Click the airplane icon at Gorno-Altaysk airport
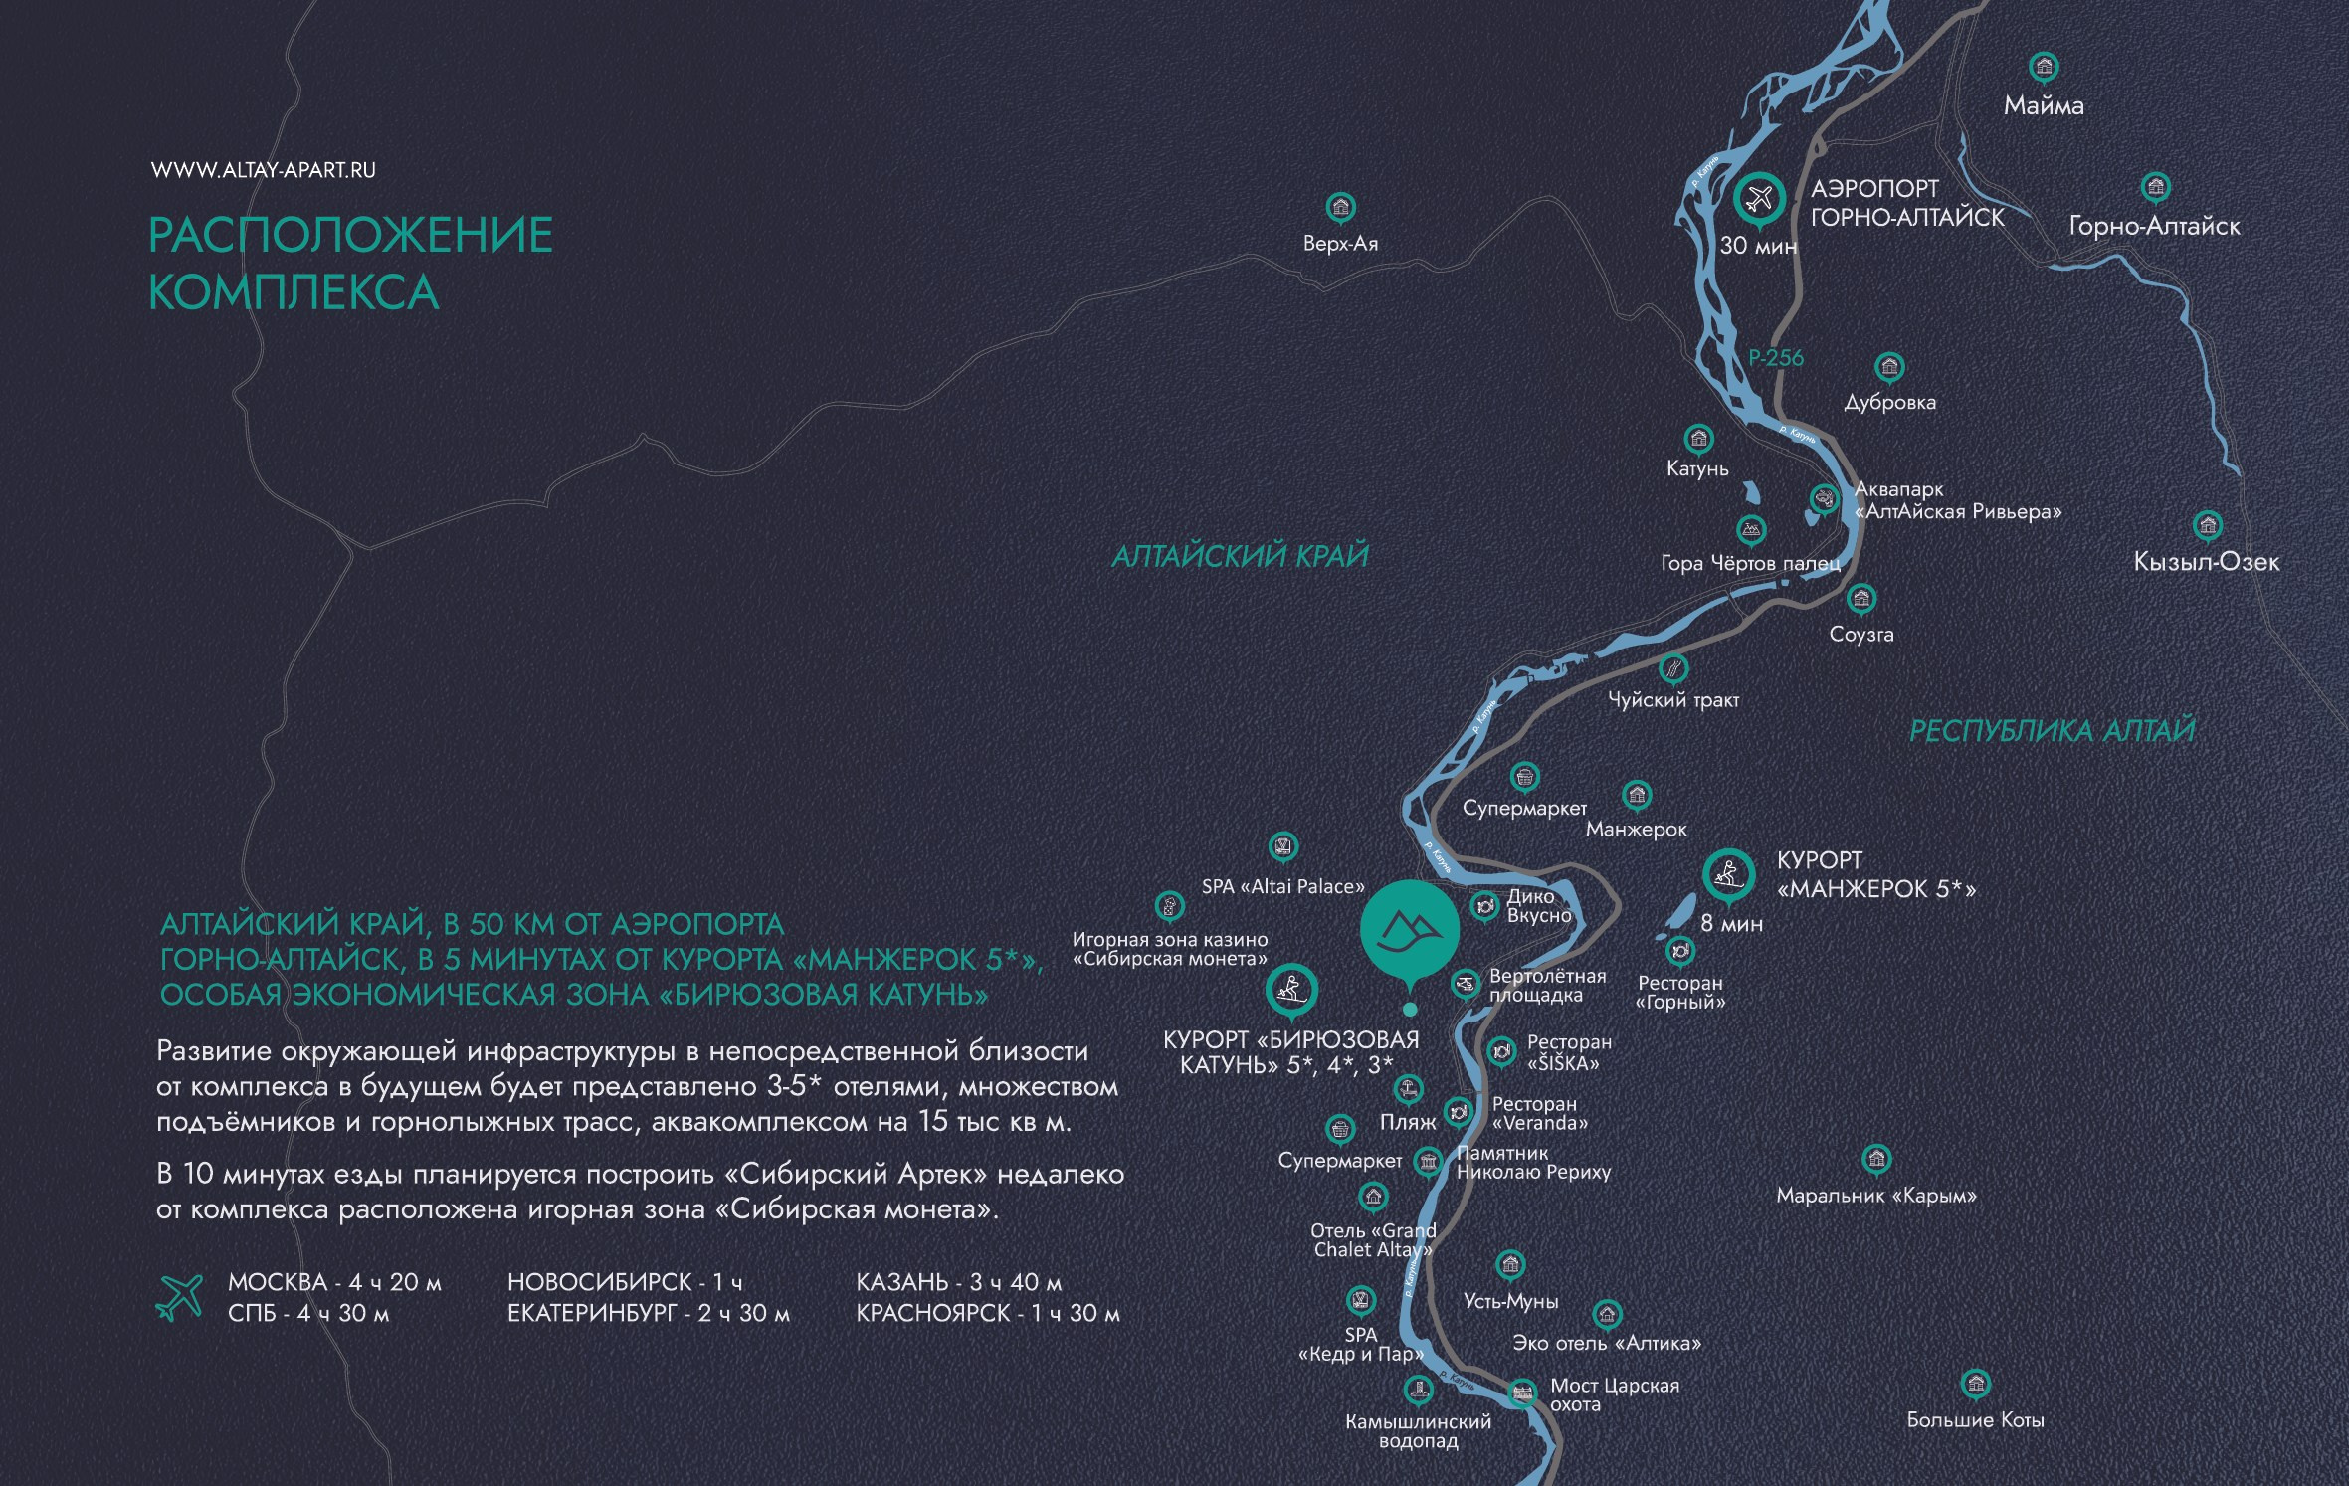coord(1759,198)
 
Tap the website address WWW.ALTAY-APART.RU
coord(264,170)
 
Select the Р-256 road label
coord(1776,357)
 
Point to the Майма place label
coord(2044,105)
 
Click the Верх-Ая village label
coord(1340,244)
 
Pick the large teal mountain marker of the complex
coord(1409,928)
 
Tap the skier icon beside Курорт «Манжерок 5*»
coord(1728,874)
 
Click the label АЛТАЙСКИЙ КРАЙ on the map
coord(1240,556)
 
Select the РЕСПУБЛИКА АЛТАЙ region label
coord(2052,731)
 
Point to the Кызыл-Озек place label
coord(2206,562)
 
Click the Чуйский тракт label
coord(1673,700)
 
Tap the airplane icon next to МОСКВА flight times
coord(180,1297)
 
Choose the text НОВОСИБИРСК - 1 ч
coord(625,1282)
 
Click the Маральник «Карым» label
coord(1876,1196)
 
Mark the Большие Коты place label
coord(1975,1420)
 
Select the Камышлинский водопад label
coord(1418,1431)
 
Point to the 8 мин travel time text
coord(1731,924)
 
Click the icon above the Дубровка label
coord(1889,367)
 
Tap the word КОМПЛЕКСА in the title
coord(294,292)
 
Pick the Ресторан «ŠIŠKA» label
coord(1568,1052)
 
